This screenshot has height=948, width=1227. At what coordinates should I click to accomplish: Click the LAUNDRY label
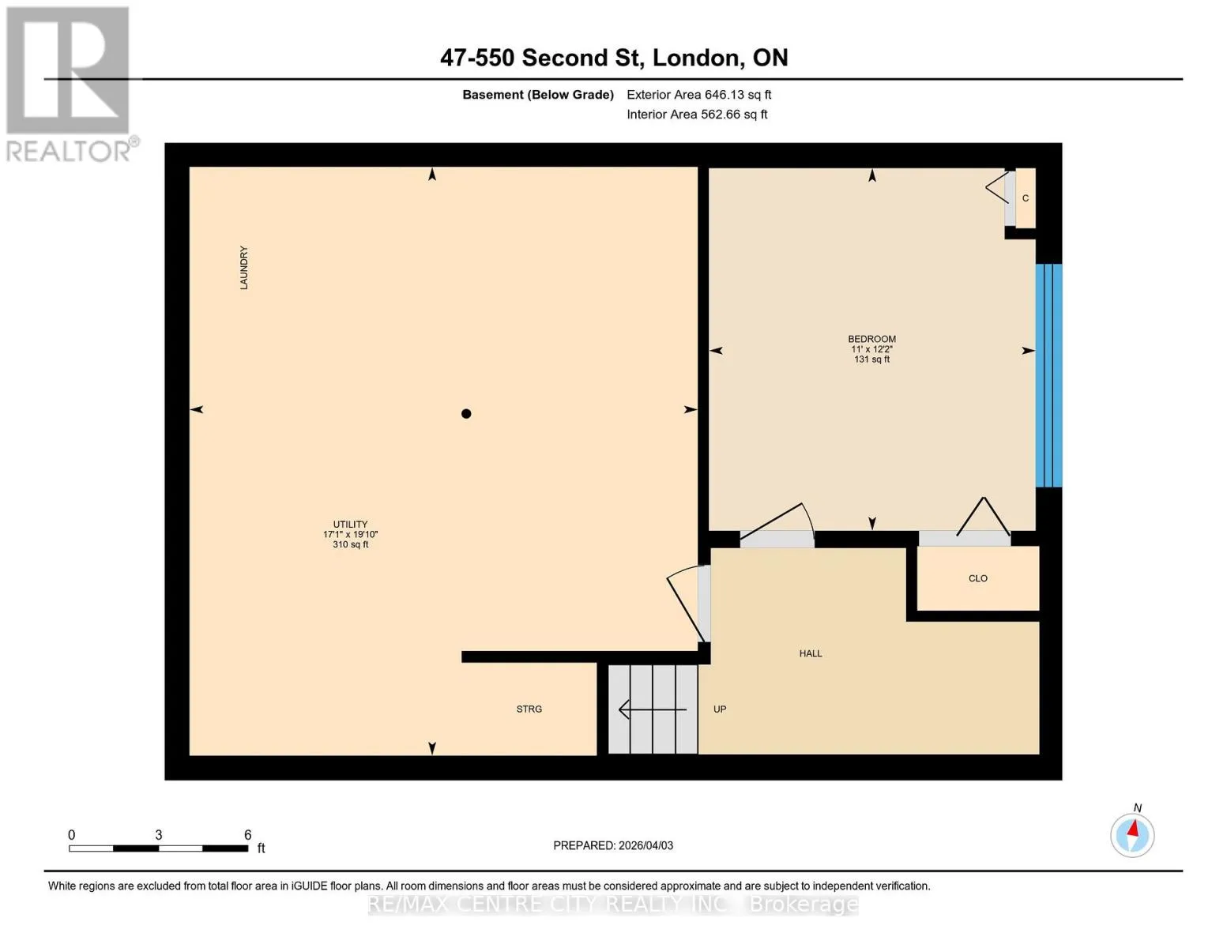pos(243,268)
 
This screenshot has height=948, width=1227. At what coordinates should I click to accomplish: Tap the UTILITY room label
pos(350,524)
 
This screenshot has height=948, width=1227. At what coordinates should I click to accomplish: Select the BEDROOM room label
pos(871,339)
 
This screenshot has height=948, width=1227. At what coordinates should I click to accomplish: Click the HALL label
pos(811,653)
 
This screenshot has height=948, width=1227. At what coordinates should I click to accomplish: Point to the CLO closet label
pos(977,578)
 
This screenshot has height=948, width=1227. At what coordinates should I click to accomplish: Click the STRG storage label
pos(529,709)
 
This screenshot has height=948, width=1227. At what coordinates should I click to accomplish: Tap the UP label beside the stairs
pos(720,709)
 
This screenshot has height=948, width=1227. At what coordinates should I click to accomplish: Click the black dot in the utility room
pos(466,414)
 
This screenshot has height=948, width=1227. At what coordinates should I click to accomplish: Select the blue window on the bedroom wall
pos(1048,375)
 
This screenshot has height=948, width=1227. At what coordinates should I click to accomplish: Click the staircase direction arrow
pos(653,709)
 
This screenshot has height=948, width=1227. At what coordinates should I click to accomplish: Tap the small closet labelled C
pos(1025,197)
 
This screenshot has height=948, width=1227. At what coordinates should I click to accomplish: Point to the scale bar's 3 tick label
pos(159,834)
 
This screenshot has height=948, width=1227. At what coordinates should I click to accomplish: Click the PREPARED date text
pos(613,845)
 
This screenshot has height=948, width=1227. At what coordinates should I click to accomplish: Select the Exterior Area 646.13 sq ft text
pos(699,95)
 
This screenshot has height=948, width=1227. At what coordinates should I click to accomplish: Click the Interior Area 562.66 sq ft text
pos(698,114)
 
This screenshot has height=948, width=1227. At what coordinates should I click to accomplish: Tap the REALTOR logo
pos(70,85)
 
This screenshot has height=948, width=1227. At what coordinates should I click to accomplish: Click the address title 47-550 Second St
pos(542,58)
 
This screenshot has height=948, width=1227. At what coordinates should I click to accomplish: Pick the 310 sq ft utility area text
pos(350,544)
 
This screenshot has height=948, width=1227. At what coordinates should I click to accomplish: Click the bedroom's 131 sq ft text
pos(871,359)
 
